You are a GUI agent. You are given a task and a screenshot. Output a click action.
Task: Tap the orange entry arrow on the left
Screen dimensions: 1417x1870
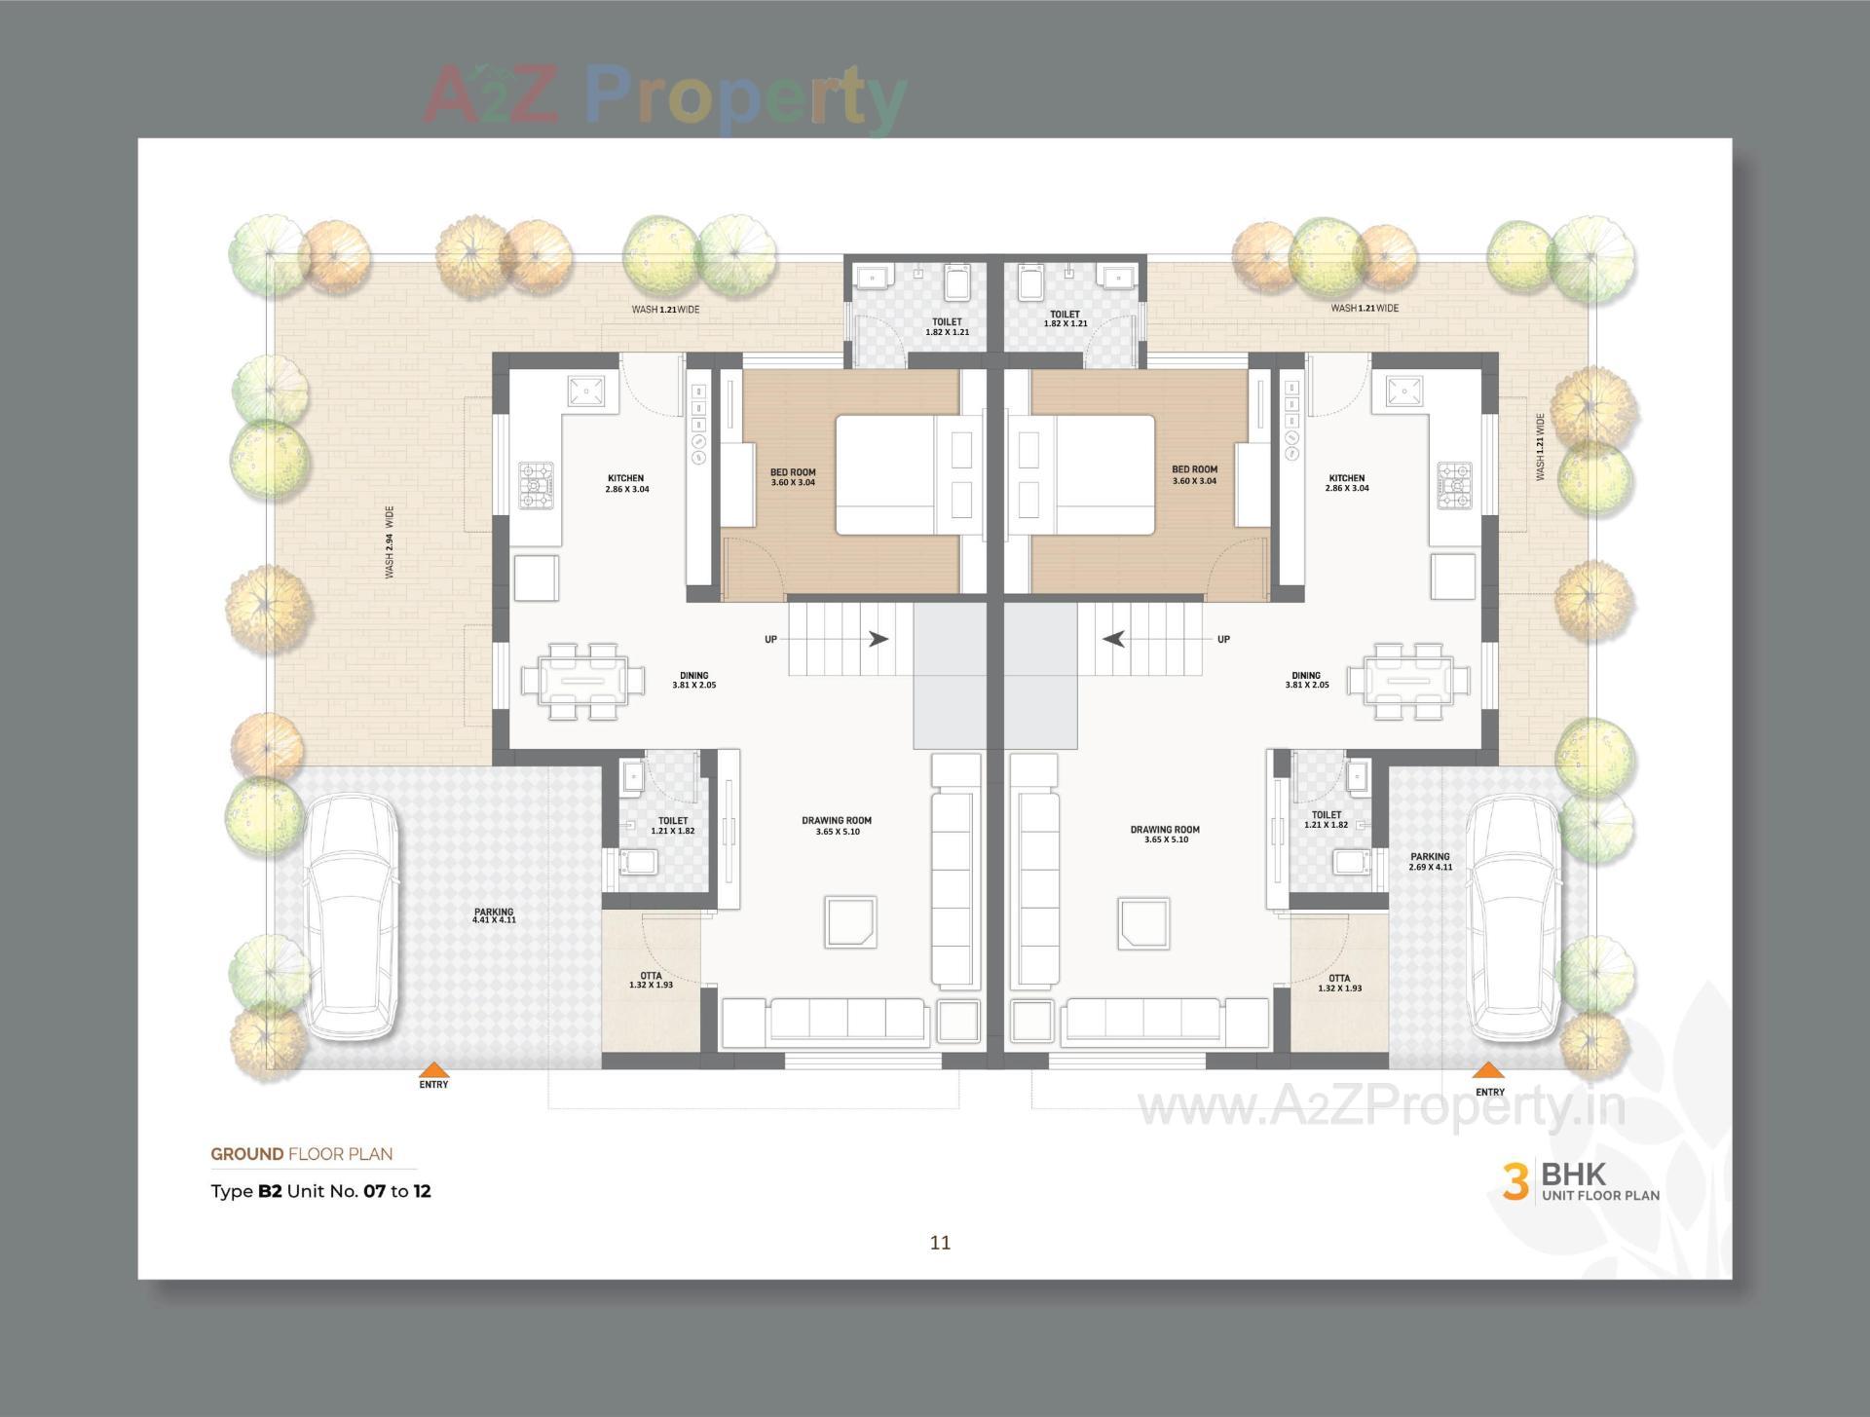[x=433, y=1068]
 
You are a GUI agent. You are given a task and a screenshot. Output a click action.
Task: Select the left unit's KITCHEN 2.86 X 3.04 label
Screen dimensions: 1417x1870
[x=626, y=483]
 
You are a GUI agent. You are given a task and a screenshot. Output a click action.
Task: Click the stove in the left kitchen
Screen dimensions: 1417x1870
[x=537, y=486]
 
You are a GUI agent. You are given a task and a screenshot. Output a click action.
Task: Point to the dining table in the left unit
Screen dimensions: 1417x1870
[x=582, y=680]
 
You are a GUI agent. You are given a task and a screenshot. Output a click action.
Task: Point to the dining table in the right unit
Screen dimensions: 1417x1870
[x=1408, y=680]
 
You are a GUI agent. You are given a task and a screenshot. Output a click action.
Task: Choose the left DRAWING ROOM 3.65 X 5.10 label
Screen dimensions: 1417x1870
[x=837, y=826]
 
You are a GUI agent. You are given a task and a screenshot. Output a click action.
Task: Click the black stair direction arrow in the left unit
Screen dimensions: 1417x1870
[x=879, y=639]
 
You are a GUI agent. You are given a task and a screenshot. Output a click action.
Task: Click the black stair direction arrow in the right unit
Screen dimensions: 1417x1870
[x=1114, y=639]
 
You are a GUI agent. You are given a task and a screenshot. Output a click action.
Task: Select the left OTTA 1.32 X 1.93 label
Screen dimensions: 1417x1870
[x=651, y=980]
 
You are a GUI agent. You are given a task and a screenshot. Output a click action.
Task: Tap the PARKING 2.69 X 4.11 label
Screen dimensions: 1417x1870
[x=1430, y=862]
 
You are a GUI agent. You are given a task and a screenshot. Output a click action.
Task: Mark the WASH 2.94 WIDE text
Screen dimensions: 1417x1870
[x=390, y=541]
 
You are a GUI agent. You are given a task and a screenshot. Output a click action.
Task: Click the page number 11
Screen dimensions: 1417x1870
[x=940, y=1243]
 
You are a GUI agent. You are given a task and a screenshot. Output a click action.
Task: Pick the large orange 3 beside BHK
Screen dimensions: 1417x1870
[x=1515, y=1181]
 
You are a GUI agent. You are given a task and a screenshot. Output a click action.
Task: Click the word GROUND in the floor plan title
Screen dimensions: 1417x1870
[x=247, y=1154]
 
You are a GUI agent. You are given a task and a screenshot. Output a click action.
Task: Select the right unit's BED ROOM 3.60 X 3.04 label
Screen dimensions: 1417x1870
[x=1194, y=474]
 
